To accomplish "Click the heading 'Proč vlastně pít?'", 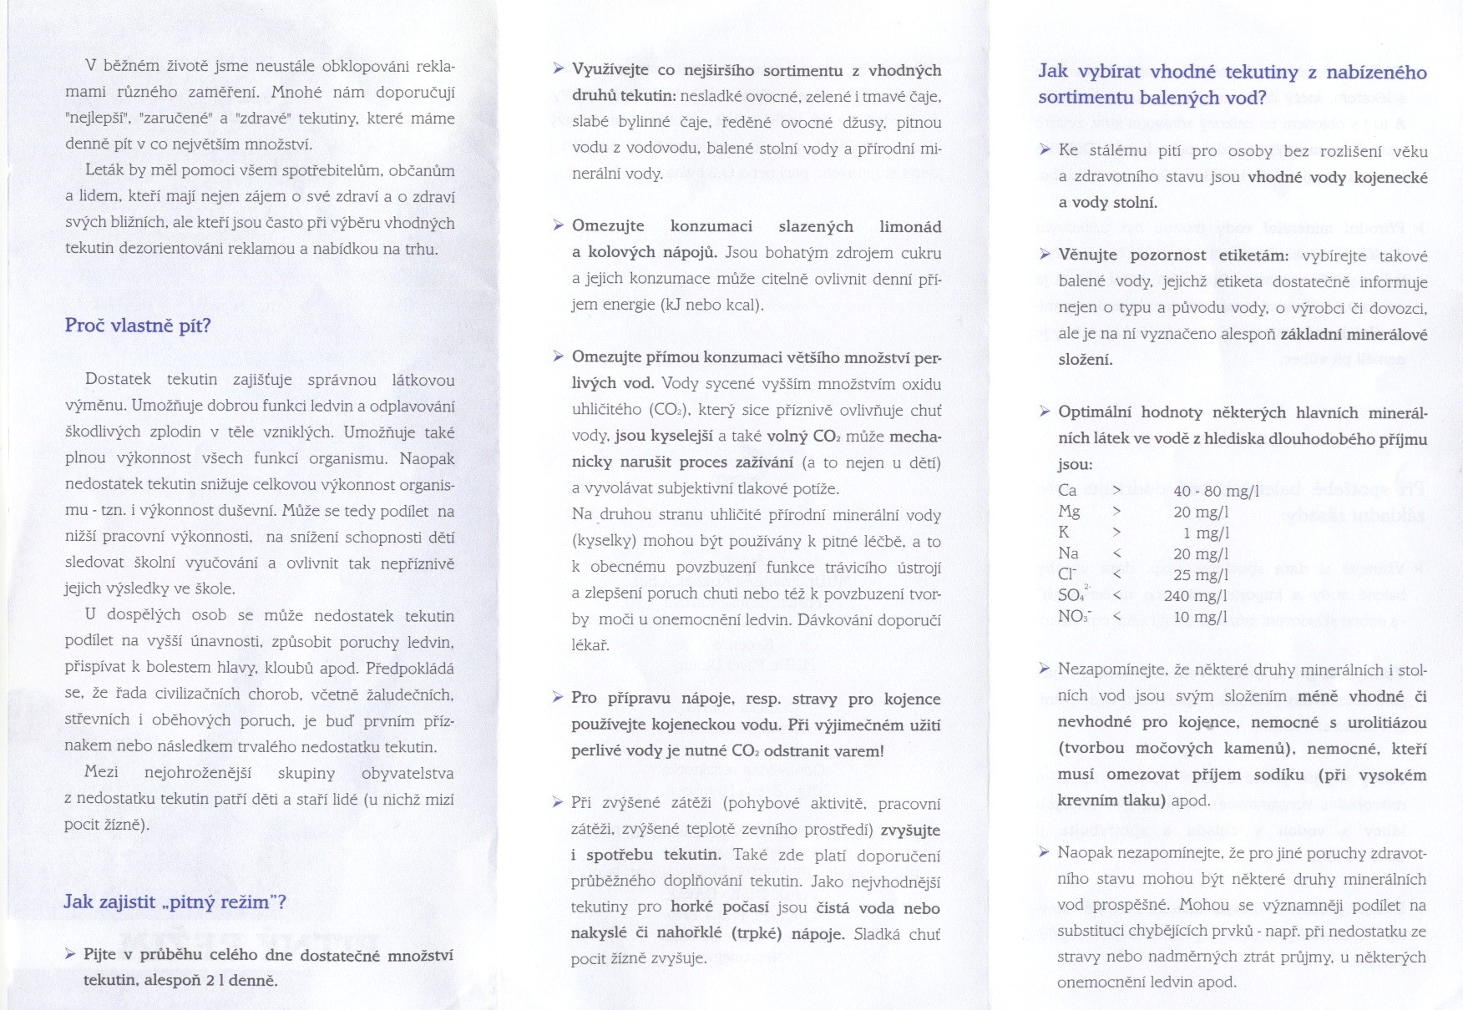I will pos(138,326).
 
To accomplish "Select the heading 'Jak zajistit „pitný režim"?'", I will pos(175,901).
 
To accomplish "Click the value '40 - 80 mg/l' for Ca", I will pos(1215,491).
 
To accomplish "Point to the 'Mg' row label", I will pos(1069,511).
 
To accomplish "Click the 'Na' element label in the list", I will pos(1068,553).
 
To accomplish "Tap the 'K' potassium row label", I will pos(1063,532).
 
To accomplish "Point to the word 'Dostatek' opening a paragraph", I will pos(118,380).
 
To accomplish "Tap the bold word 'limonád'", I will pos(910,226).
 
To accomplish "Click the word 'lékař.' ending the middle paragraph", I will pos(590,644).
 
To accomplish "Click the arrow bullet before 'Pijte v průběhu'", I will pos(70,953).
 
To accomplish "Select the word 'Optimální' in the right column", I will pos(1095,412).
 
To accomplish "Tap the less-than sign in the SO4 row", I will pos(1116,595).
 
